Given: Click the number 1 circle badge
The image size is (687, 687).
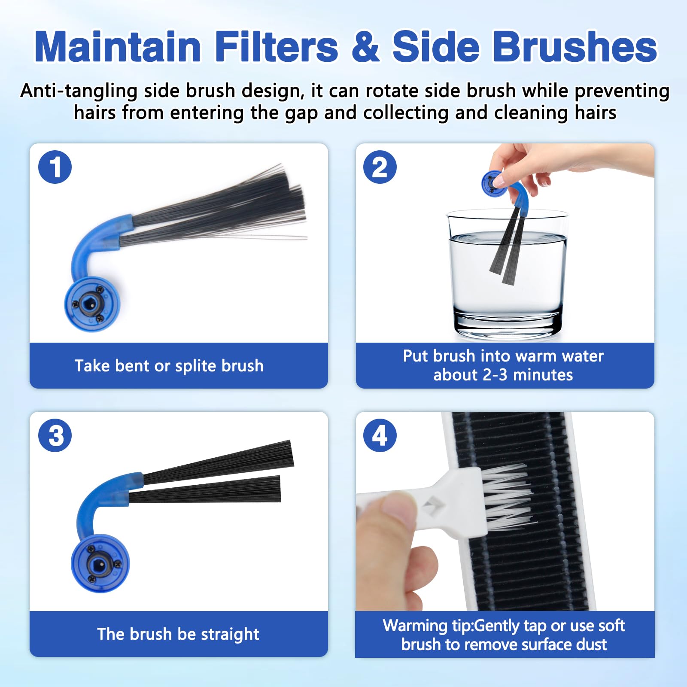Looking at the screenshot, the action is tap(55, 167).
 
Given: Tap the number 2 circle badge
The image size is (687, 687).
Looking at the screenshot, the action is tap(380, 167).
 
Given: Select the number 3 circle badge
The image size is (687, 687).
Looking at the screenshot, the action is tap(55, 435).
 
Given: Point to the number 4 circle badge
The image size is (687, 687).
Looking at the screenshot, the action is tap(380, 435).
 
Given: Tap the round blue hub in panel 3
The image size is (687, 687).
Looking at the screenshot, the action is tap(100, 563).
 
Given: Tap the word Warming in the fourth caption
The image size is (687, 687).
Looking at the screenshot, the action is tap(415, 626).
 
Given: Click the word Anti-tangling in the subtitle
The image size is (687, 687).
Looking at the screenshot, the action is tap(79, 91).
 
